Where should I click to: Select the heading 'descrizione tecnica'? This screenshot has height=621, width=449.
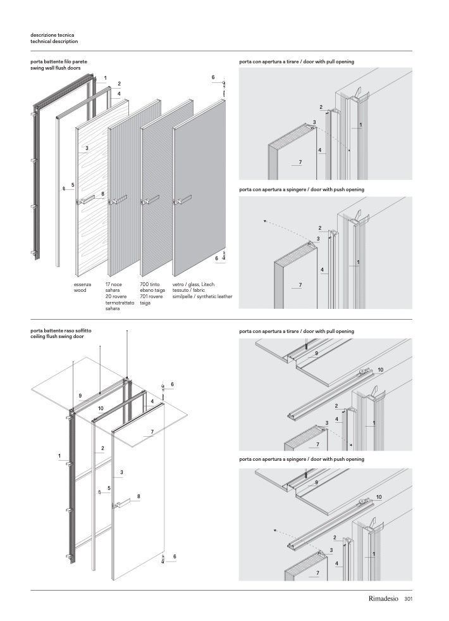pyautogui.click(x=52, y=35)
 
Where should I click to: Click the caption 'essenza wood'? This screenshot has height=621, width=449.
pyautogui.click(x=82, y=288)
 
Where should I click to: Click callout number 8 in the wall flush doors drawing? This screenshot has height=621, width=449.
pyautogui.click(x=102, y=192)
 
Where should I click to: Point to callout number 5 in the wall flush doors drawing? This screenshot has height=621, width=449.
pyautogui.click(x=73, y=185)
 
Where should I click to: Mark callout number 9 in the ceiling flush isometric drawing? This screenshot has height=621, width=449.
pyautogui.click(x=80, y=396)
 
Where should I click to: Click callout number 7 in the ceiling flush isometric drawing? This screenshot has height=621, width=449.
pyautogui.click(x=152, y=432)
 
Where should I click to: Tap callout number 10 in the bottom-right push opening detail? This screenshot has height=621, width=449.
pyautogui.click(x=379, y=498)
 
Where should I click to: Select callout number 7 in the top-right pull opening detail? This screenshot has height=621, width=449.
pyautogui.click(x=300, y=163)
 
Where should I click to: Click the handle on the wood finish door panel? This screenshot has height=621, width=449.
pyautogui.click(x=87, y=200)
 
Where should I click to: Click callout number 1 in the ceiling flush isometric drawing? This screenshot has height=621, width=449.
pyautogui.click(x=59, y=456)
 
